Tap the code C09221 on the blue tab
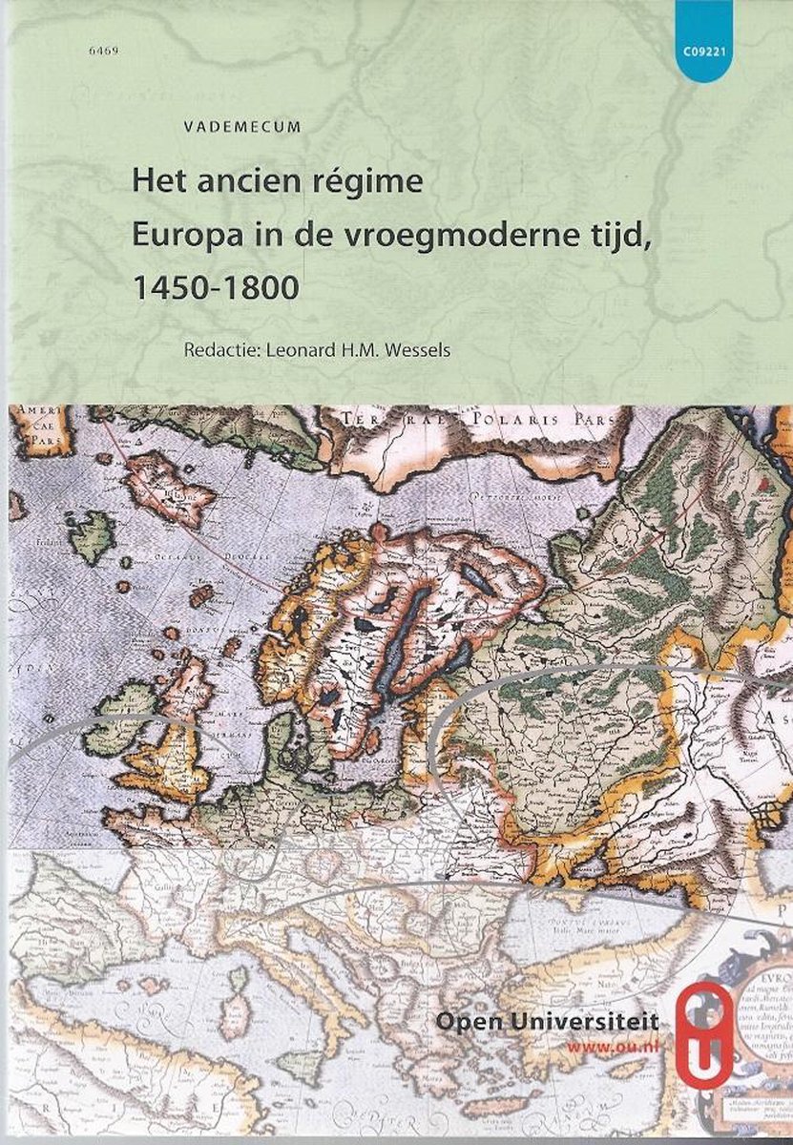coord(707,54)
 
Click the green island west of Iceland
coord(93,536)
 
